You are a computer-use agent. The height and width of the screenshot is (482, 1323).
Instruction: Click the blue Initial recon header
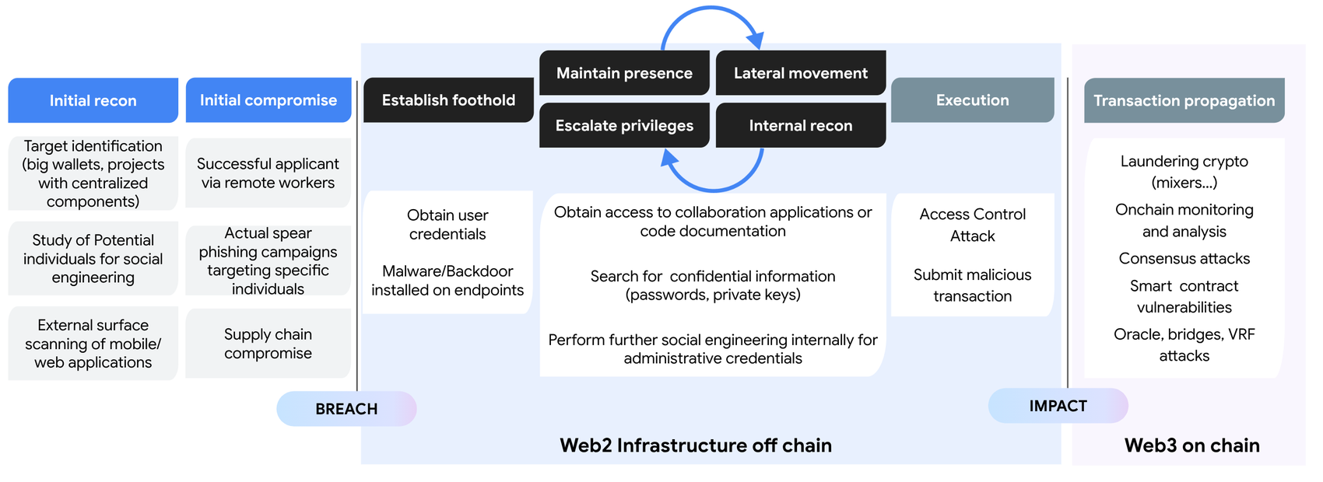click(x=93, y=100)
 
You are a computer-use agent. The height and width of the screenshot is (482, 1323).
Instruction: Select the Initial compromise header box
click(x=268, y=100)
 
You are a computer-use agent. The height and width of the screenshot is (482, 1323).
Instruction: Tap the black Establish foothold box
click(x=448, y=100)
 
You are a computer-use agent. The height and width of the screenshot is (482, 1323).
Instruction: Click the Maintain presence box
click(x=624, y=73)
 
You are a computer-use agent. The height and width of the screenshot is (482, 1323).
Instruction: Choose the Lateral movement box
click(x=800, y=73)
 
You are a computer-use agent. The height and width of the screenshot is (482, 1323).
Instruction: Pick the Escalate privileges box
click(x=624, y=125)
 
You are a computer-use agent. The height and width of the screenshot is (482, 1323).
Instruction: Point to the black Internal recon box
click(x=800, y=125)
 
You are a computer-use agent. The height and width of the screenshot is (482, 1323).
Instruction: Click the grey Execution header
click(x=972, y=100)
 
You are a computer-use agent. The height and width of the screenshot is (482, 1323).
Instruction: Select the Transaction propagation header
click(x=1184, y=100)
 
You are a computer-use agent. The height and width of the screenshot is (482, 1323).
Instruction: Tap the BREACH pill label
click(x=346, y=409)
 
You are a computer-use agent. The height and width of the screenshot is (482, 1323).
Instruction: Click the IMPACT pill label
click(x=1058, y=406)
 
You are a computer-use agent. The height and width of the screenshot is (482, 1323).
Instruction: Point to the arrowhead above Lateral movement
click(x=755, y=40)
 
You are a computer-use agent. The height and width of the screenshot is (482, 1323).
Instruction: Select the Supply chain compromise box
click(x=268, y=344)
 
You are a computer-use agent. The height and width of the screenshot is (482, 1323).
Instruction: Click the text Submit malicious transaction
click(x=972, y=285)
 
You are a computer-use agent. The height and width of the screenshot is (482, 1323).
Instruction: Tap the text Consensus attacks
click(x=1184, y=259)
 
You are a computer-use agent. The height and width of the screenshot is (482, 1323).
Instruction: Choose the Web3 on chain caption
click(x=1191, y=445)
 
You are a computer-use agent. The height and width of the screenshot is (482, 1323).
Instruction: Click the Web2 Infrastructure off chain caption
click(x=696, y=445)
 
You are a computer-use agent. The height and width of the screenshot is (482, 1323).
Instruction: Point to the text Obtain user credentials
click(x=447, y=225)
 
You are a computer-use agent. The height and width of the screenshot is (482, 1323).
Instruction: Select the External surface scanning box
click(x=93, y=344)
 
